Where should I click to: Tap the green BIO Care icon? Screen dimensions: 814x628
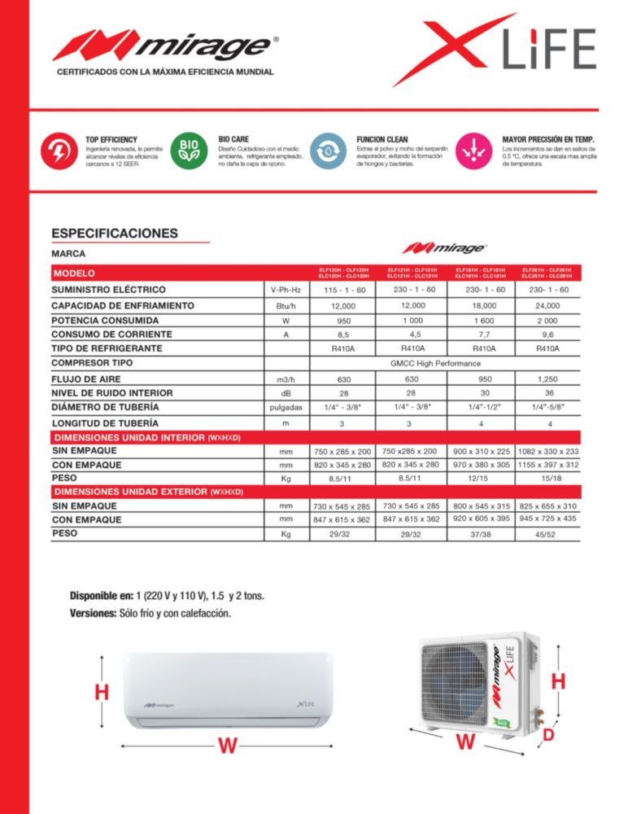188,152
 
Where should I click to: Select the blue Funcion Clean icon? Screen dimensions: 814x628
328,152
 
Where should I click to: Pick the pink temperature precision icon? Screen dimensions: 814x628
471,152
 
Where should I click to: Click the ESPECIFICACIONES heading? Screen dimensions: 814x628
114,234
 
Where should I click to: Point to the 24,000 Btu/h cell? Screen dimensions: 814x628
548,305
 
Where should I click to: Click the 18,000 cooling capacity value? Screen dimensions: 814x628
484,305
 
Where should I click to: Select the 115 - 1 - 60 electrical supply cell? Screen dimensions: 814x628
345,291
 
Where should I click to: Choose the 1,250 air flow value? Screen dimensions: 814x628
548,379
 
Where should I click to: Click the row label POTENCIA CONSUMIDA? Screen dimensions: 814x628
105,320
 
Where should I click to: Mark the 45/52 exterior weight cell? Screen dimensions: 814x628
548,534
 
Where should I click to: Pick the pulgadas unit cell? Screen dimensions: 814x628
286,407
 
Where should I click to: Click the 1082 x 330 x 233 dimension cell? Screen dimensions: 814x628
548,451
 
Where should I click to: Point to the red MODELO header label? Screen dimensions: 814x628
74,274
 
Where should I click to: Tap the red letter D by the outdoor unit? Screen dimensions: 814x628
548,735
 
